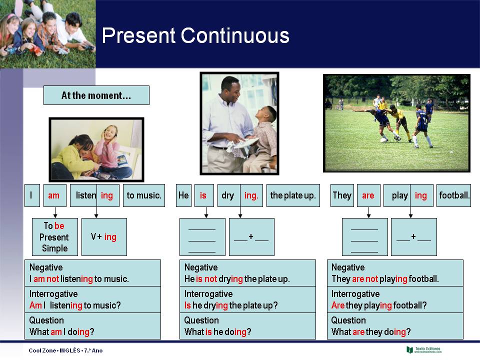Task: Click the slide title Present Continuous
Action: tap(195, 36)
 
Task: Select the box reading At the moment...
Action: tap(96, 95)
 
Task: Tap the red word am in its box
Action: tap(54, 195)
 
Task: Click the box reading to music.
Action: tap(144, 195)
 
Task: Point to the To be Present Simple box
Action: tap(54, 237)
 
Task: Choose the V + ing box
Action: tap(104, 237)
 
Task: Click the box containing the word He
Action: tap(183, 195)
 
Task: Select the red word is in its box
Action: tap(203, 195)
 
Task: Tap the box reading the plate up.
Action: tap(293, 195)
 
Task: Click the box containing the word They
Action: tap(342, 195)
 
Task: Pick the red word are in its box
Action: tap(368, 195)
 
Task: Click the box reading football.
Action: tap(454, 195)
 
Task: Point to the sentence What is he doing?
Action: tap(217, 331)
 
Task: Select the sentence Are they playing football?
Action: tap(379, 305)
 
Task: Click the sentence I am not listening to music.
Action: tap(79, 279)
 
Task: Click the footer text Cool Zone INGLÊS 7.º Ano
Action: tap(65, 350)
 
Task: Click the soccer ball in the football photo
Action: tap(383, 140)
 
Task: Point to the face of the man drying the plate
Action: tap(230, 90)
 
